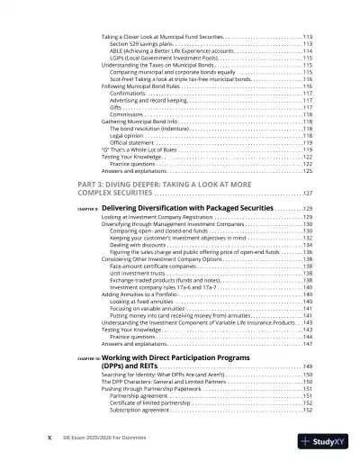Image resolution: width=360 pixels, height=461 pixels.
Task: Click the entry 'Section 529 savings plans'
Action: click(139, 43)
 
